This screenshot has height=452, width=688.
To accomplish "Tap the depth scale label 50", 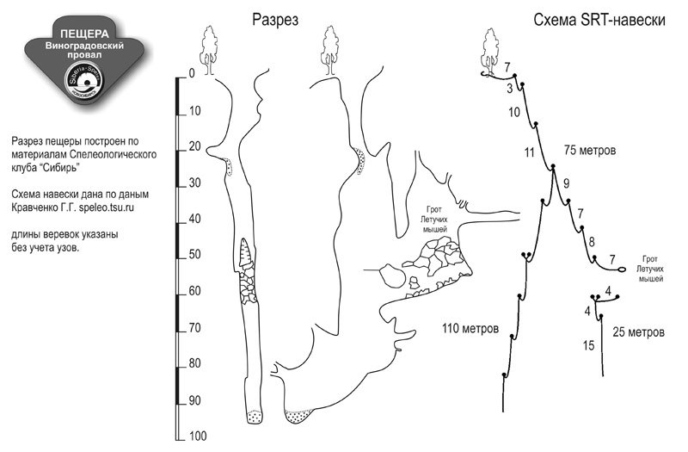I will (x=194, y=255).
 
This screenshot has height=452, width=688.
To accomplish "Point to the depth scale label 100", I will (x=198, y=437).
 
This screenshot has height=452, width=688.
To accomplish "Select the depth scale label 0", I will (x=191, y=74).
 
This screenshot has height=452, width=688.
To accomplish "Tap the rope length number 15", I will (x=588, y=346).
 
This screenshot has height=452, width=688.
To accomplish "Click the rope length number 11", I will (x=528, y=153).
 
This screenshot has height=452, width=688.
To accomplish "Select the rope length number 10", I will (x=514, y=112).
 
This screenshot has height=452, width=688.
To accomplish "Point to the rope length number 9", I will (x=566, y=183).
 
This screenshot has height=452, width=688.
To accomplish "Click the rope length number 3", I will (x=510, y=89).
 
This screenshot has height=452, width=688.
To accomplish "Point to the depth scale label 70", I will (x=194, y=328).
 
